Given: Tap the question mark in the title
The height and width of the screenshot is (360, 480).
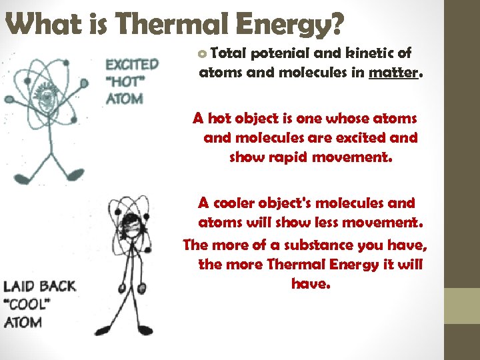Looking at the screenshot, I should (335, 25).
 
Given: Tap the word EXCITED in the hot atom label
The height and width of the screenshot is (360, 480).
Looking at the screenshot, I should (132, 65).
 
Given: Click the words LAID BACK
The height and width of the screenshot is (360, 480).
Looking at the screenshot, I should (40, 287).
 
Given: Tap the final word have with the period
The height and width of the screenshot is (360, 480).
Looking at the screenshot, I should (310, 284).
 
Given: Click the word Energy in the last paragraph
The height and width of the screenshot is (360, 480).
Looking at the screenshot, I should (359, 265).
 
